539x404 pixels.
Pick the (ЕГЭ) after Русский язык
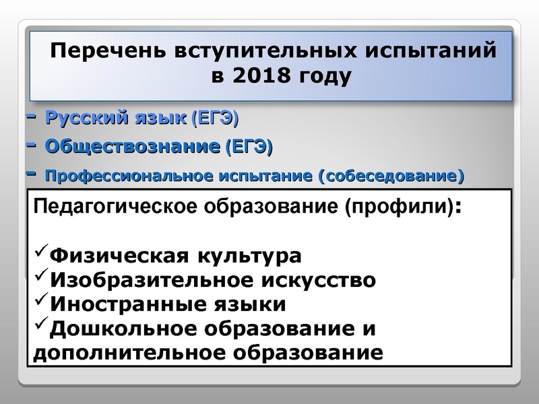215,120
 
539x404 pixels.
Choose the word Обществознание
132,146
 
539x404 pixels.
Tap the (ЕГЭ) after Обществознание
249,146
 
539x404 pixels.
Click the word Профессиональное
129,177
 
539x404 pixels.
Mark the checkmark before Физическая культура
40,253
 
